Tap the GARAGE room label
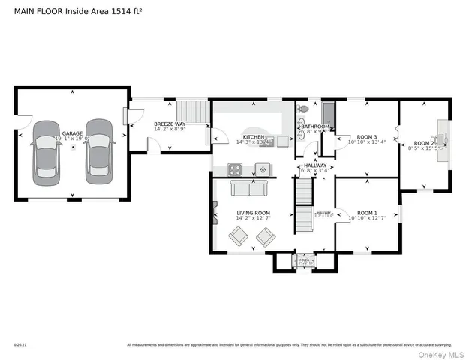pos(72,133)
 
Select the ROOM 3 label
pos(368,135)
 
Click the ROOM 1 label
pos(368,213)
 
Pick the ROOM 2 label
pos(424,143)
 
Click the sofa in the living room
pos(243,188)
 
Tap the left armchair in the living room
pos(239,236)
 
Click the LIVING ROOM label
pos(253,213)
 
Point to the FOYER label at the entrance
pos(305,260)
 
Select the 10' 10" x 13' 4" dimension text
pos(368,141)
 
